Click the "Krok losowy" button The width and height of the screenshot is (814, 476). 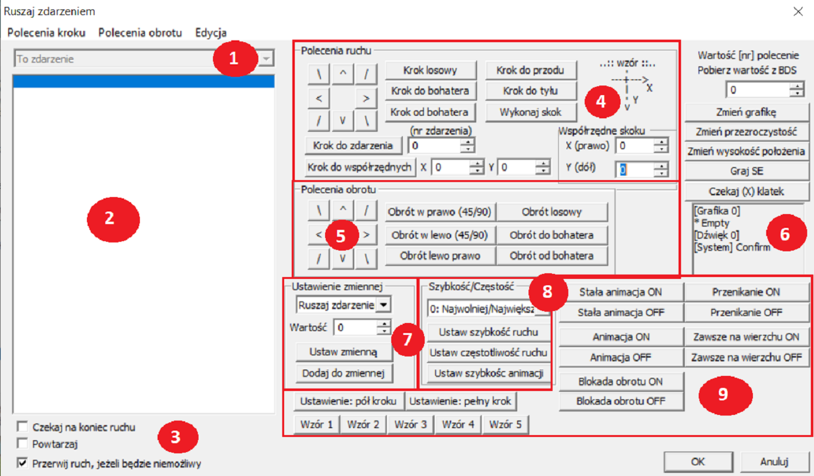pyautogui.click(x=430, y=70)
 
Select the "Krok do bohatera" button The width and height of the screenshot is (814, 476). pyautogui.click(x=430, y=91)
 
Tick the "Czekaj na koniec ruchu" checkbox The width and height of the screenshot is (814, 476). pyautogui.click(x=23, y=427)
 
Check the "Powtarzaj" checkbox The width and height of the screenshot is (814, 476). pyautogui.click(x=23, y=443)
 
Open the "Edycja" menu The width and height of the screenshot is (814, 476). pyautogui.click(x=211, y=33)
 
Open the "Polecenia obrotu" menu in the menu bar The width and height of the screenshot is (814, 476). pyautogui.click(x=140, y=33)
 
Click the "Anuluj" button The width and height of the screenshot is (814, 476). pyautogui.click(x=774, y=462)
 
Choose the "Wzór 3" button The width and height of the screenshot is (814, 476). pyautogui.click(x=411, y=424)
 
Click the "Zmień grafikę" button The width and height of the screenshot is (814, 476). pyautogui.click(x=747, y=112)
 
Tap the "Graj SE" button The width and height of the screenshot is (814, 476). pyautogui.click(x=747, y=171)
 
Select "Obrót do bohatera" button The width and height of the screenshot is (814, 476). pyautogui.click(x=552, y=235)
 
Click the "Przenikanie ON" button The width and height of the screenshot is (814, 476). pyautogui.click(x=746, y=292)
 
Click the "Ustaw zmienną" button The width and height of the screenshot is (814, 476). pyautogui.click(x=344, y=351)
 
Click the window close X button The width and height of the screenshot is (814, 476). pyautogui.click(x=798, y=11)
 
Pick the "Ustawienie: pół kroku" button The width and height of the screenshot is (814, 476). pyautogui.click(x=348, y=401)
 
